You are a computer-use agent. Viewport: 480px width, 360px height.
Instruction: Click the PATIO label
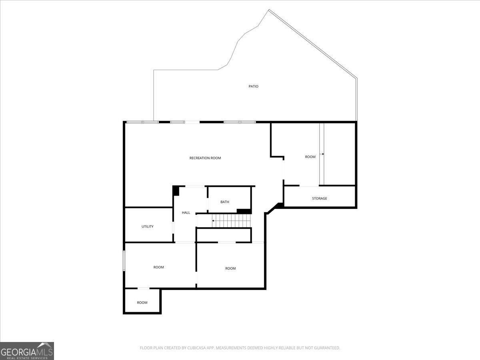(x=254, y=86)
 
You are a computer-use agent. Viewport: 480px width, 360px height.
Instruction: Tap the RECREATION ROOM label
(x=205, y=158)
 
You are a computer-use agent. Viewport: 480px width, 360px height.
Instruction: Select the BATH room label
(x=225, y=202)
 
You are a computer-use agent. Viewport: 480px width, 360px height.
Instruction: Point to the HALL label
(x=186, y=213)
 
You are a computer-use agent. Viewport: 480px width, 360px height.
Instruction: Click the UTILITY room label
(x=147, y=227)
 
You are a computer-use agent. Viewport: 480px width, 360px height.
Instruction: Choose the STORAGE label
(x=320, y=198)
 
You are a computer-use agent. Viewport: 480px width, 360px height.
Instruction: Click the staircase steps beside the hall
(x=231, y=221)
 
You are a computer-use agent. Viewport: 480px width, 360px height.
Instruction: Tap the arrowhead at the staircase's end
(x=213, y=221)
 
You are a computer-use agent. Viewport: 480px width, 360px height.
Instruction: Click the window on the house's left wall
(x=124, y=261)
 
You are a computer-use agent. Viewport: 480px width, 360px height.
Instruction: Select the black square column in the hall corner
(x=176, y=191)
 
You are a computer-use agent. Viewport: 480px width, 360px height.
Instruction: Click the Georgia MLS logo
(x=27, y=351)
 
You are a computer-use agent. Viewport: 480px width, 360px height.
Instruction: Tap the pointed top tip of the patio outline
(x=269, y=10)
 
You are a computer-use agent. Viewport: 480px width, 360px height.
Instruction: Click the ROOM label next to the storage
(x=310, y=157)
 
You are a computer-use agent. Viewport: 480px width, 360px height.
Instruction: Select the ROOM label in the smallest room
(x=142, y=303)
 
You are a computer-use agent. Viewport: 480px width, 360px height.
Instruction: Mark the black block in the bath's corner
(x=244, y=211)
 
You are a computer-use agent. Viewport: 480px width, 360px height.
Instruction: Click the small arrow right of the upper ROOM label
(x=322, y=154)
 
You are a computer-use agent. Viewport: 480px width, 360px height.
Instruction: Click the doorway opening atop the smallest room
(x=144, y=288)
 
